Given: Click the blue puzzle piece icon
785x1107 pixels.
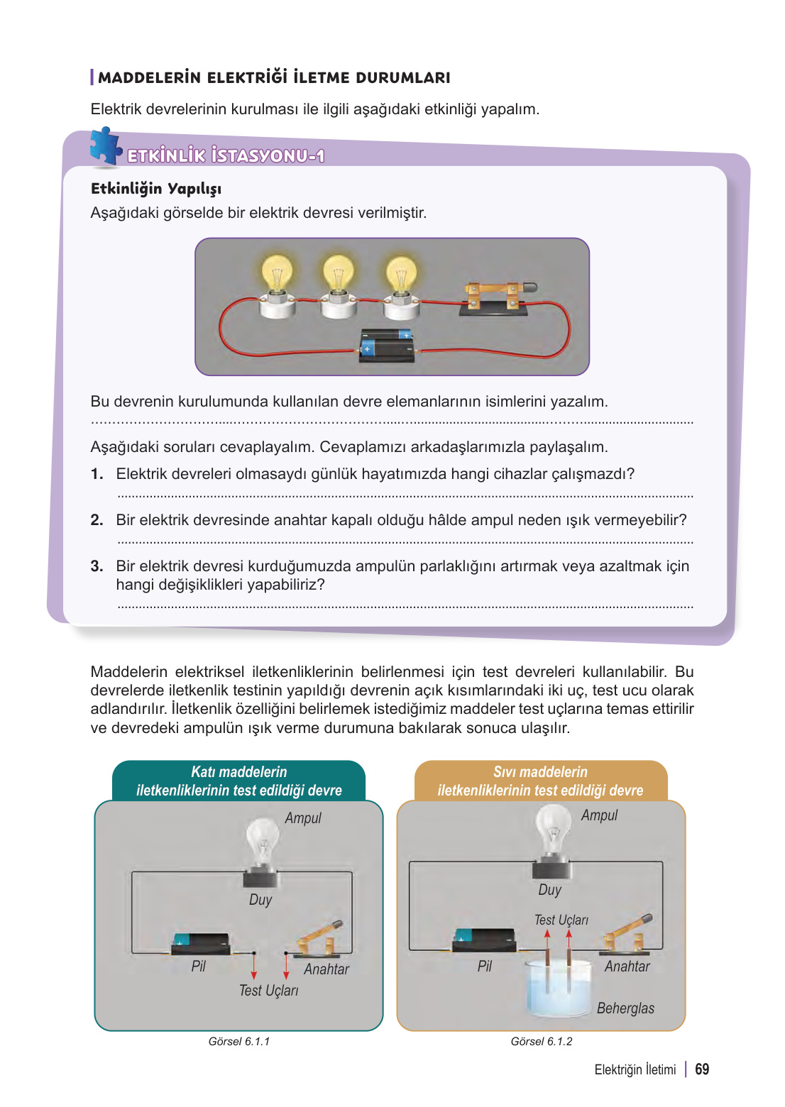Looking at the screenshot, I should [x=105, y=147].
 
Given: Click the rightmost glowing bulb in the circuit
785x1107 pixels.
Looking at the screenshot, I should [x=401, y=275].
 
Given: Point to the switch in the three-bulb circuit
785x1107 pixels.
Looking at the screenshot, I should [x=500, y=297].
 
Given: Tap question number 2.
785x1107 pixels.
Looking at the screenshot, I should [x=97, y=520].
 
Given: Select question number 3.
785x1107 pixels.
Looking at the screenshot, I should [x=97, y=566].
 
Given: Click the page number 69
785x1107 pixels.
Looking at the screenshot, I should [x=701, y=1069].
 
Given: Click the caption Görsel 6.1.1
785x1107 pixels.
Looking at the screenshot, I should [x=239, y=1041].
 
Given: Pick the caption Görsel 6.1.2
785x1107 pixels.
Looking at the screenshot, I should [x=541, y=1041].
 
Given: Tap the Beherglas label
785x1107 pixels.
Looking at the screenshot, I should [x=625, y=1008].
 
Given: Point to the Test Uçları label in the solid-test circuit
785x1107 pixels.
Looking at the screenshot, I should [x=268, y=991].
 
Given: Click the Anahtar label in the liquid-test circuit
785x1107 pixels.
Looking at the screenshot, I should [x=627, y=966].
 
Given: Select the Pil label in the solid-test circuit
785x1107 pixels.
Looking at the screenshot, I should [x=199, y=966].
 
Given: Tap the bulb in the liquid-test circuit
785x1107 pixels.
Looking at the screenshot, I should [x=553, y=830].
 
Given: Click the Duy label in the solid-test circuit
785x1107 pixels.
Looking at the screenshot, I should [x=260, y=900].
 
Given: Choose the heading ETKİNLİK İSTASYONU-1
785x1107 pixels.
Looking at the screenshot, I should [x=226, y=156].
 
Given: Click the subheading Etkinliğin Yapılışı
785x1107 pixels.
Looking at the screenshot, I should [x=156, y=189].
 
